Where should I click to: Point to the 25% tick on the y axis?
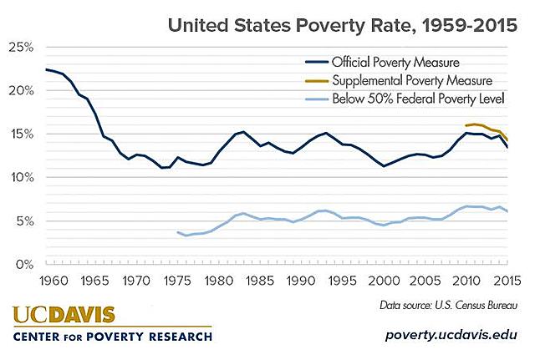[x=21, y=47]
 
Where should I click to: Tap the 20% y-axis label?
[x=21, y=90]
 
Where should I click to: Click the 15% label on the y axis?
[x=21, y=134]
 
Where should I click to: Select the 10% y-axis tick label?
[x=21, y=177]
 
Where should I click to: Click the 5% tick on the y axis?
[x=23, y=221]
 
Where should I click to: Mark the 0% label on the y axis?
[x=23, y=264]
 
